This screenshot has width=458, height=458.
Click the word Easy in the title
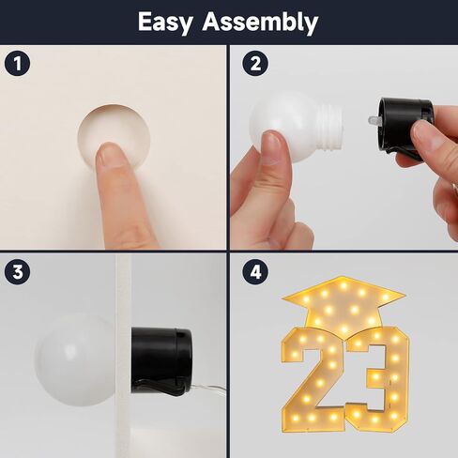[165, 23]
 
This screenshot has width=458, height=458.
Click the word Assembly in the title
[260, 23]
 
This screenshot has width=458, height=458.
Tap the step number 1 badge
[18, 64]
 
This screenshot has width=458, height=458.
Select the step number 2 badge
[255, 64]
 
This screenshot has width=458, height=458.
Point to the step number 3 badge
[18, 271]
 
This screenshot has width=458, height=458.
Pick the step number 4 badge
[255, 271]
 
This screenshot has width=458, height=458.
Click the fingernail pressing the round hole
[110, 153]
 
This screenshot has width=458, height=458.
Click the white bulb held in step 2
[291, 126]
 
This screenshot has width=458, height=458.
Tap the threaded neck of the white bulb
[328, 125]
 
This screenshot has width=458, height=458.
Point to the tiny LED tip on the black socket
[373, 120]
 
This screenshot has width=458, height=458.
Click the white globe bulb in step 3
[74, 359]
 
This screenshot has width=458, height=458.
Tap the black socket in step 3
[161, 360]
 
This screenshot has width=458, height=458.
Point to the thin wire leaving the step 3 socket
[208, 389]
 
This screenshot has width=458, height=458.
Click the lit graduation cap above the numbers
[343, 304]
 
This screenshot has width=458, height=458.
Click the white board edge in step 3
[123, 356]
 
